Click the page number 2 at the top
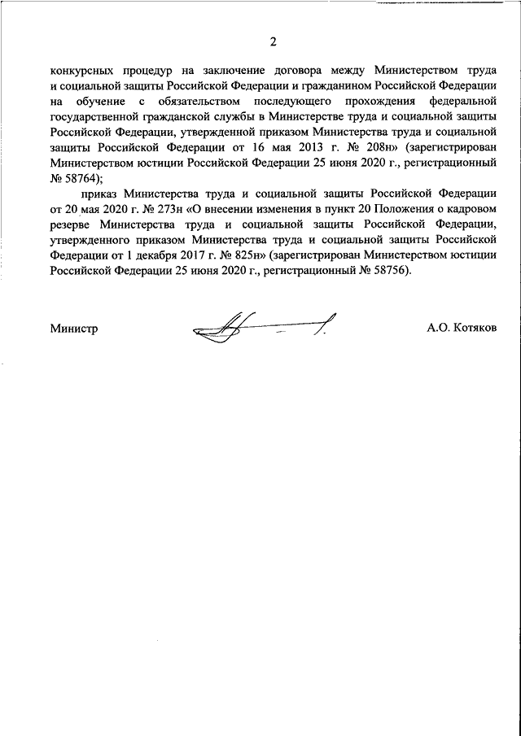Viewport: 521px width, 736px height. [274, 42]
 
